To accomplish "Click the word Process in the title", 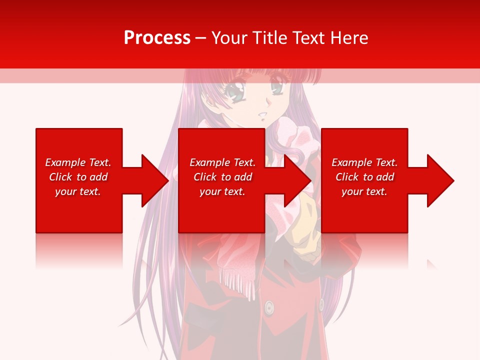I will tap(157, 38).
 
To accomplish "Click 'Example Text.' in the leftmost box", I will tap(78, 162).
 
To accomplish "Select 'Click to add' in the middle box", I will tap(222, 177).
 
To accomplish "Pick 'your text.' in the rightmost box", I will tap(364, 191).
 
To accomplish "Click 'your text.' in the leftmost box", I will tap(78, 191).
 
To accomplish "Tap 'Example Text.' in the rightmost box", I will tap(364, 162).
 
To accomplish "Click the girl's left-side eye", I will tap(233, 91).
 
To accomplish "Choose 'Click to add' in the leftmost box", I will tap(78, 177).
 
